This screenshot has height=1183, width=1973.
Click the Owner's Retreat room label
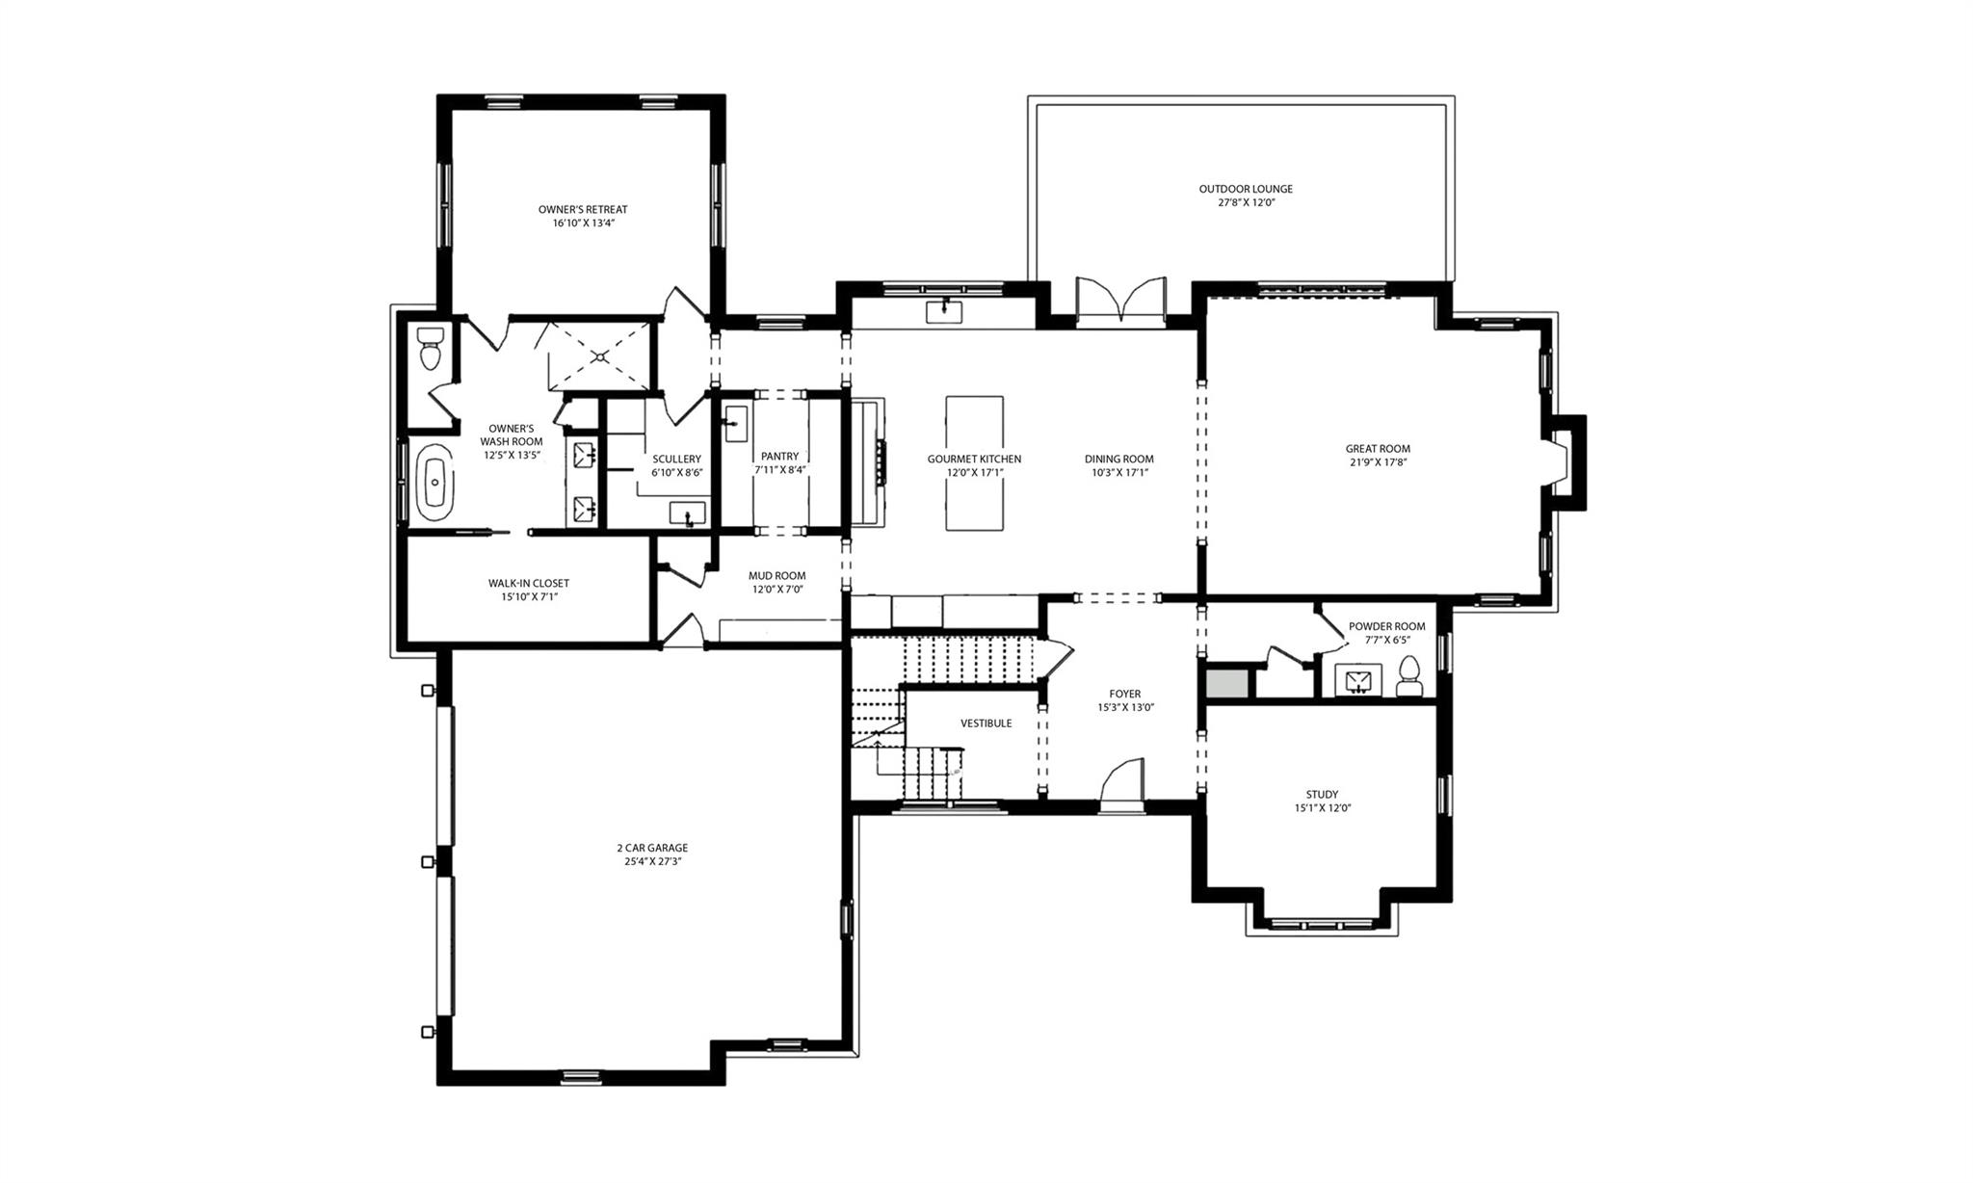(582, 209)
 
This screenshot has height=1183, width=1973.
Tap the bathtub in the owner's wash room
(436, 483)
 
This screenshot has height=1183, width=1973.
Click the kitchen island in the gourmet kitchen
(974, 462)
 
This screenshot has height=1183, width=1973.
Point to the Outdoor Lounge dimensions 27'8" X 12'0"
(1246, 203)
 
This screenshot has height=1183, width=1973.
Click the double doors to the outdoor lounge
(1120, 302)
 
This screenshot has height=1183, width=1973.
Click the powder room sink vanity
(1358, 680)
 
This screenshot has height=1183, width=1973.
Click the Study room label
(1322, 795)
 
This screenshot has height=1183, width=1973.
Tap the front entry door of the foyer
(1121, 780)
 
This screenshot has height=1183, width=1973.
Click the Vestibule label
(986, 723)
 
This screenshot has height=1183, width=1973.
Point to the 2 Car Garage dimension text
(652, 862)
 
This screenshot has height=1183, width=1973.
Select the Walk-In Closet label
(528, 583)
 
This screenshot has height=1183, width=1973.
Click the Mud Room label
(776, 576)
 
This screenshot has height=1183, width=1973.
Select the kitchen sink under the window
(944, 311)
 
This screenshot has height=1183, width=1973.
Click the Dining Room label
(1118, 459)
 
